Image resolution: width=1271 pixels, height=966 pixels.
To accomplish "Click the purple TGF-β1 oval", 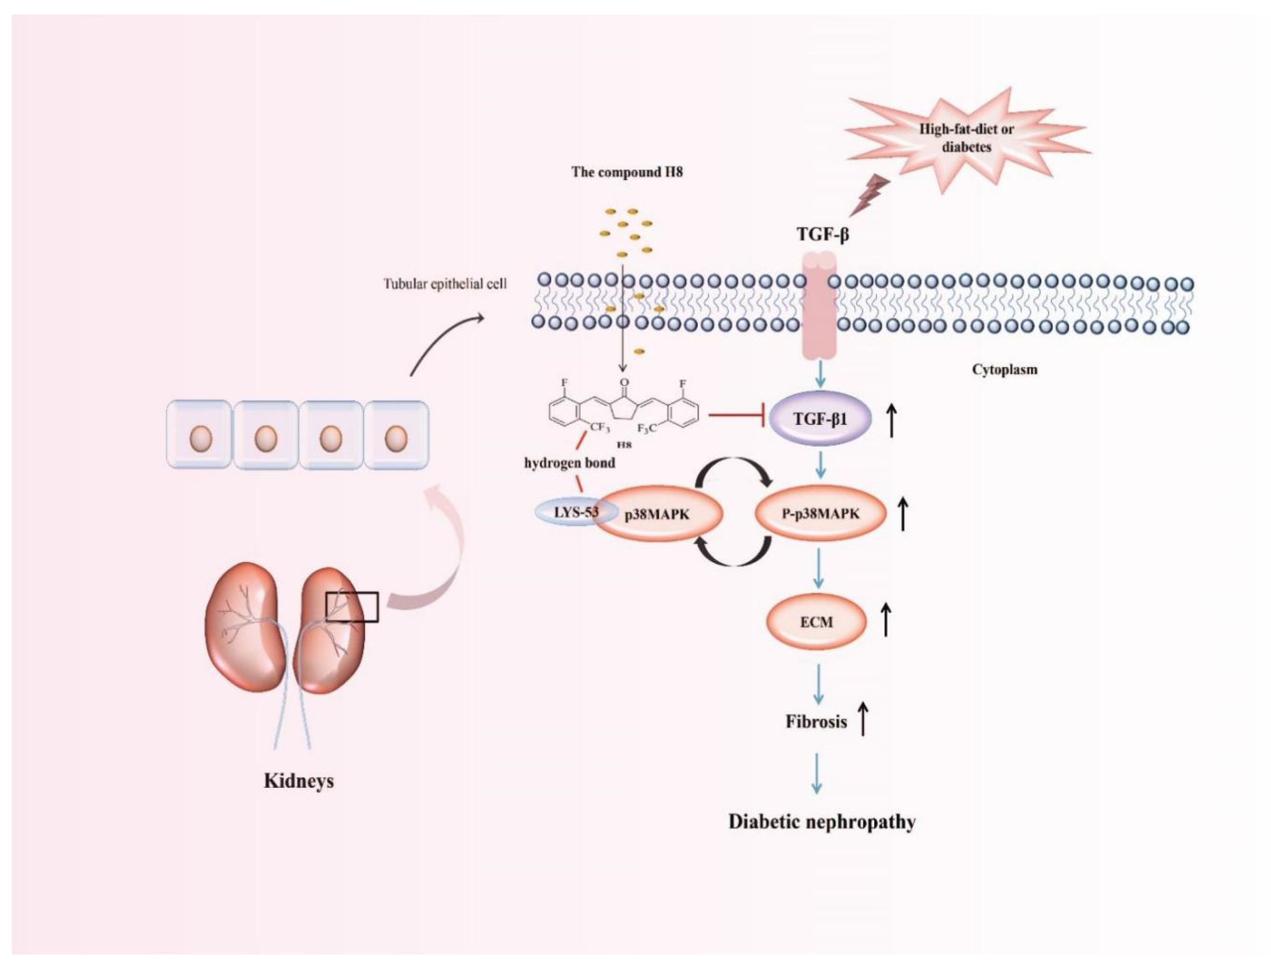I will point(820,419).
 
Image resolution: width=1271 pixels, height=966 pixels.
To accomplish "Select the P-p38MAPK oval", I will point(820,513).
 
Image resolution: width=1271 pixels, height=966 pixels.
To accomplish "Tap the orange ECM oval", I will point(816,621).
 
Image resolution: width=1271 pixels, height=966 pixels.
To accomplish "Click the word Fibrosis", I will point(816,722).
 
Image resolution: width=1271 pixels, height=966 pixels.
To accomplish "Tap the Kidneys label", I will point(298,781).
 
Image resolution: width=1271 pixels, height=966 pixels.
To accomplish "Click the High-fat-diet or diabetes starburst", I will point(966,138).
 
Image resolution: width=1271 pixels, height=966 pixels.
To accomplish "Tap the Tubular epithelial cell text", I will point(445,284).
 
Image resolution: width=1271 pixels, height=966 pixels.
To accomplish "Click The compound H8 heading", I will point(627,172).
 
